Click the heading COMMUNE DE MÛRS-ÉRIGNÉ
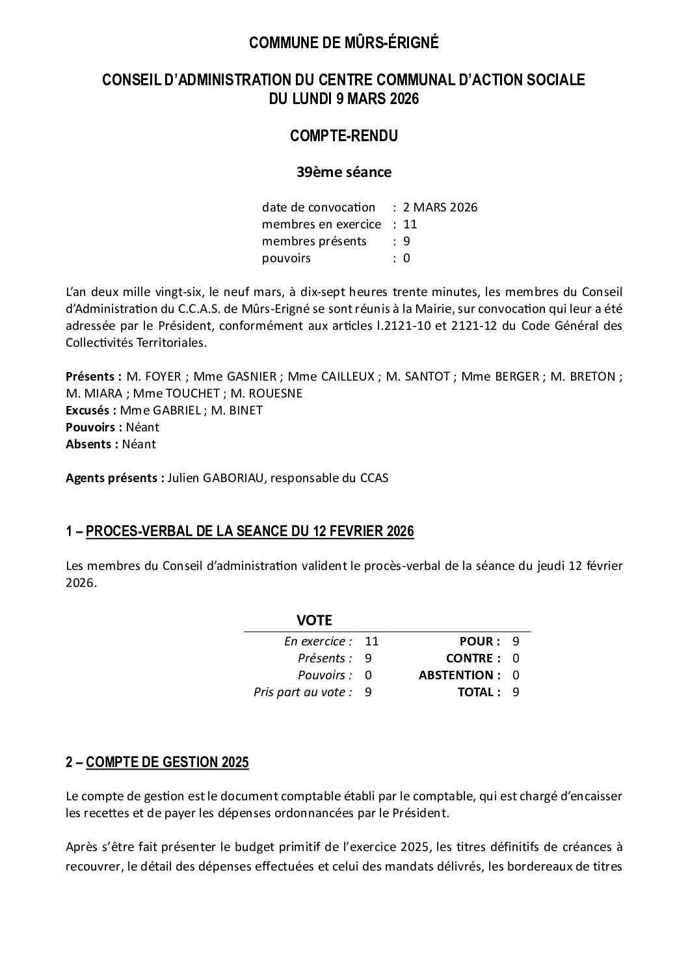click(344, 43)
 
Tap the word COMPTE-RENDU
click(343, 136)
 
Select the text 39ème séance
click(344, 172)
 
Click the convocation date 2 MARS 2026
click(440, 208)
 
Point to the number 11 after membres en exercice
click(410, 224)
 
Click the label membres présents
click(314, 241)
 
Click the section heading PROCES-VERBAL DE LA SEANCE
click(250, 532)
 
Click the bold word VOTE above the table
click(314, 620)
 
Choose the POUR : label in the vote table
click(480, 642)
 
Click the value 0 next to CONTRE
click(516, 658)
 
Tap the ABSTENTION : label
click(460, 675)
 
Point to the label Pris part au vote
click(302, 692)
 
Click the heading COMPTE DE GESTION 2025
click(167, 763)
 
